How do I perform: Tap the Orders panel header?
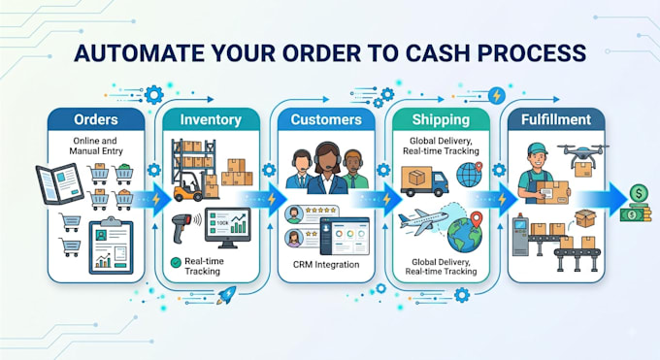96,119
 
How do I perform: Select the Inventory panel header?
211,119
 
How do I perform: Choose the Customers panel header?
326,119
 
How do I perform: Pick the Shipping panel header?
441,119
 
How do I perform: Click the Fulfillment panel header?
556,119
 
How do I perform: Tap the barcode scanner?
184,227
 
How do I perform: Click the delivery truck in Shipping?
424,181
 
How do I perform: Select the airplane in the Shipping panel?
422,221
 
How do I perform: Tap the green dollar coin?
639,194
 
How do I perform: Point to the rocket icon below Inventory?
226,295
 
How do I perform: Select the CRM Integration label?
326,265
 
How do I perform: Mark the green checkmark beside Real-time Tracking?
176,262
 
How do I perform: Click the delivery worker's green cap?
537,148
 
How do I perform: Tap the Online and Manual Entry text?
95,146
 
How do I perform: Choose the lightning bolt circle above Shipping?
497,95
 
